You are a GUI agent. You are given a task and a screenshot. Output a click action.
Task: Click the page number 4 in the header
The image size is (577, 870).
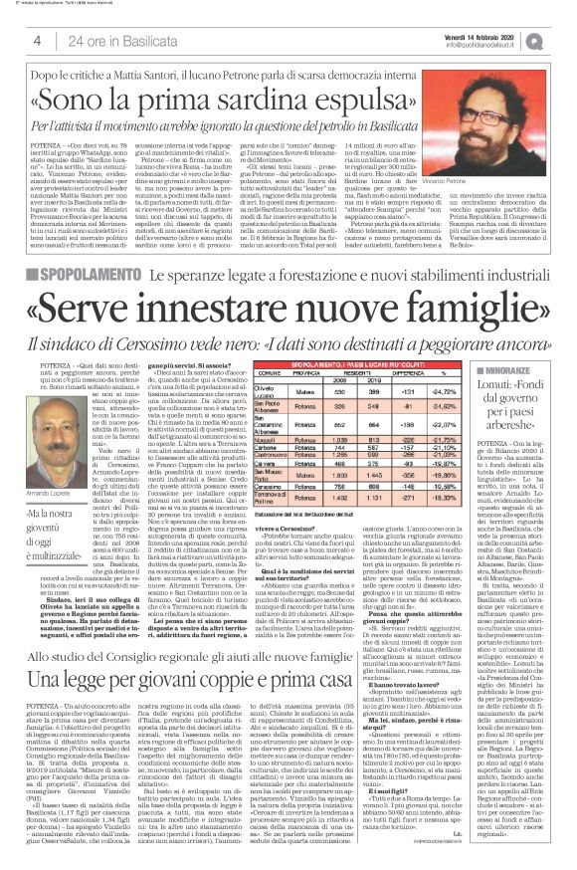point(37,40)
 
